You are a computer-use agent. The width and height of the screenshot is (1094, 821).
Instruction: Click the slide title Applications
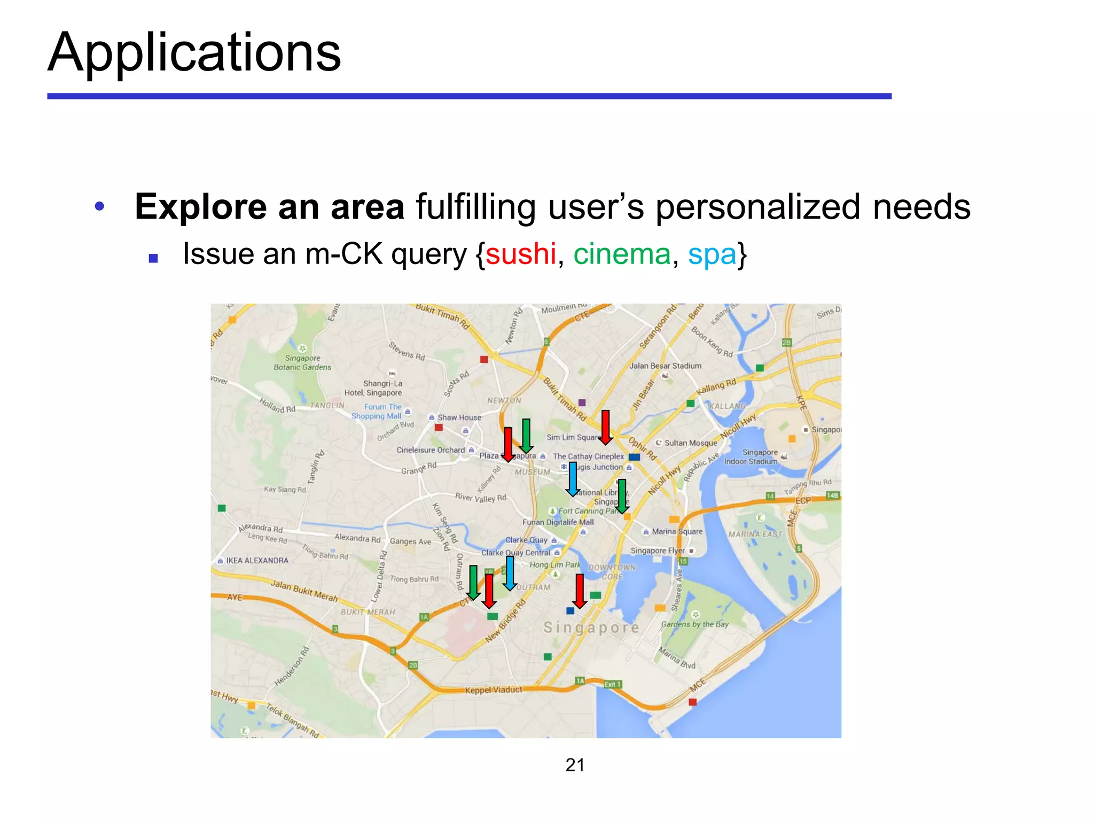[x=194, y=52]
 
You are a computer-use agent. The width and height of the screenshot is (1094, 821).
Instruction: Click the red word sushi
[x=521, y=254]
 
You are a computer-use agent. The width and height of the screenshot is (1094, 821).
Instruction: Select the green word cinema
[x=622, y=254]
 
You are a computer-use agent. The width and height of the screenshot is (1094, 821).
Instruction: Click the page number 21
[x=575, y=765]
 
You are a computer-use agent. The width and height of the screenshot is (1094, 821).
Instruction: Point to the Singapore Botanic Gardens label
[x=302, y=362]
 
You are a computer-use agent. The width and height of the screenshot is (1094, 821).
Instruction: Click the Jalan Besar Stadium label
[x=665, y=366]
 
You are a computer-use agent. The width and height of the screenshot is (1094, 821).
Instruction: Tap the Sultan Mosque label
[x=690, y=443]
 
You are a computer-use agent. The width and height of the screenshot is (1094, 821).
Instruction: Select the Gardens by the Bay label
[x=694, y=624]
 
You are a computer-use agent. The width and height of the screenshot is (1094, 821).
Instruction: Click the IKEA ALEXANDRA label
[x=257, y=561]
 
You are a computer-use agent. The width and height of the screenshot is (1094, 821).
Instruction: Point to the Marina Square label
[x=677, y=532]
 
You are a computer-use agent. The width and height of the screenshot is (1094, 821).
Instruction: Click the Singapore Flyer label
[x=658, y=551]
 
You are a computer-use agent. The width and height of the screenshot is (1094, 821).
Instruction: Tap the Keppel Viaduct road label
[x=494, y=690]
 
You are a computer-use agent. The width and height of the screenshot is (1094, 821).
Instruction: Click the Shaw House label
[x=459, y=417]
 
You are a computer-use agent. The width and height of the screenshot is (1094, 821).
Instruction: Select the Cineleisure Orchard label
[x=431, y=450]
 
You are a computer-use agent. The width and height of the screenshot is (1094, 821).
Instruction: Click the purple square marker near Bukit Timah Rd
[x=582, y=402]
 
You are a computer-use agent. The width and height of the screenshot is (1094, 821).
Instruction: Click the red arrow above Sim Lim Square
[x=605, y=427]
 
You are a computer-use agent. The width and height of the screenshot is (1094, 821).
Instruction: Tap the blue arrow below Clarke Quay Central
[x=510, y=572]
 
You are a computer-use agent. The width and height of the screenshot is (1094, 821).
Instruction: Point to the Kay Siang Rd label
[x=285, y=489]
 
